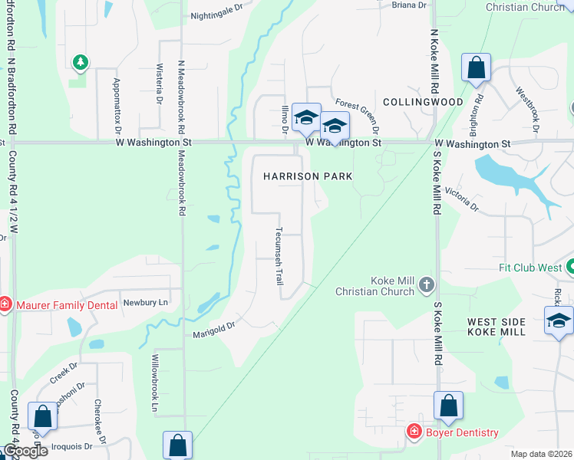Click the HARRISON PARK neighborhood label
(308, 176)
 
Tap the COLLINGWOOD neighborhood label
(423, 102)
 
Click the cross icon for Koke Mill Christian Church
(427, 286)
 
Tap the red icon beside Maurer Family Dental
(5, 305)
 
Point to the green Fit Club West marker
(569, 268)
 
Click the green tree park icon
(78, 61)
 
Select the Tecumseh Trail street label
(279, 256)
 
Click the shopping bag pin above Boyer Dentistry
(448, 406)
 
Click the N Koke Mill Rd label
(434, 61)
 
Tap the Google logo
(25, 451)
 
